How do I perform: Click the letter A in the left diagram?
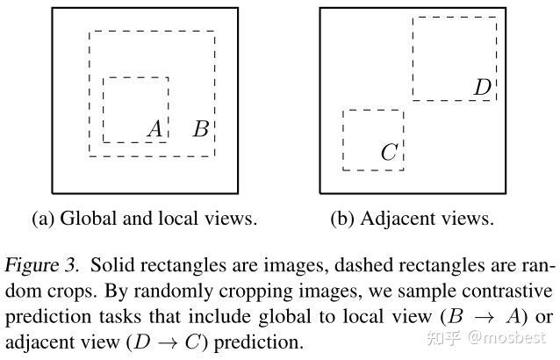pyautogui.click(x=155, y=129)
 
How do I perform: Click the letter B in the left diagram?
pyautogui.click(x=200, y=130)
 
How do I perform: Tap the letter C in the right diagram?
pyautogui.click(x=388, y=153)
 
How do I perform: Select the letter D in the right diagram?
pyautogui.click(x=482, y=87)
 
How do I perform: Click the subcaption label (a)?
pyautogui.click(x=43, y=219)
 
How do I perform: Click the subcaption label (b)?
pyautogui.click(x=342, y=219)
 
